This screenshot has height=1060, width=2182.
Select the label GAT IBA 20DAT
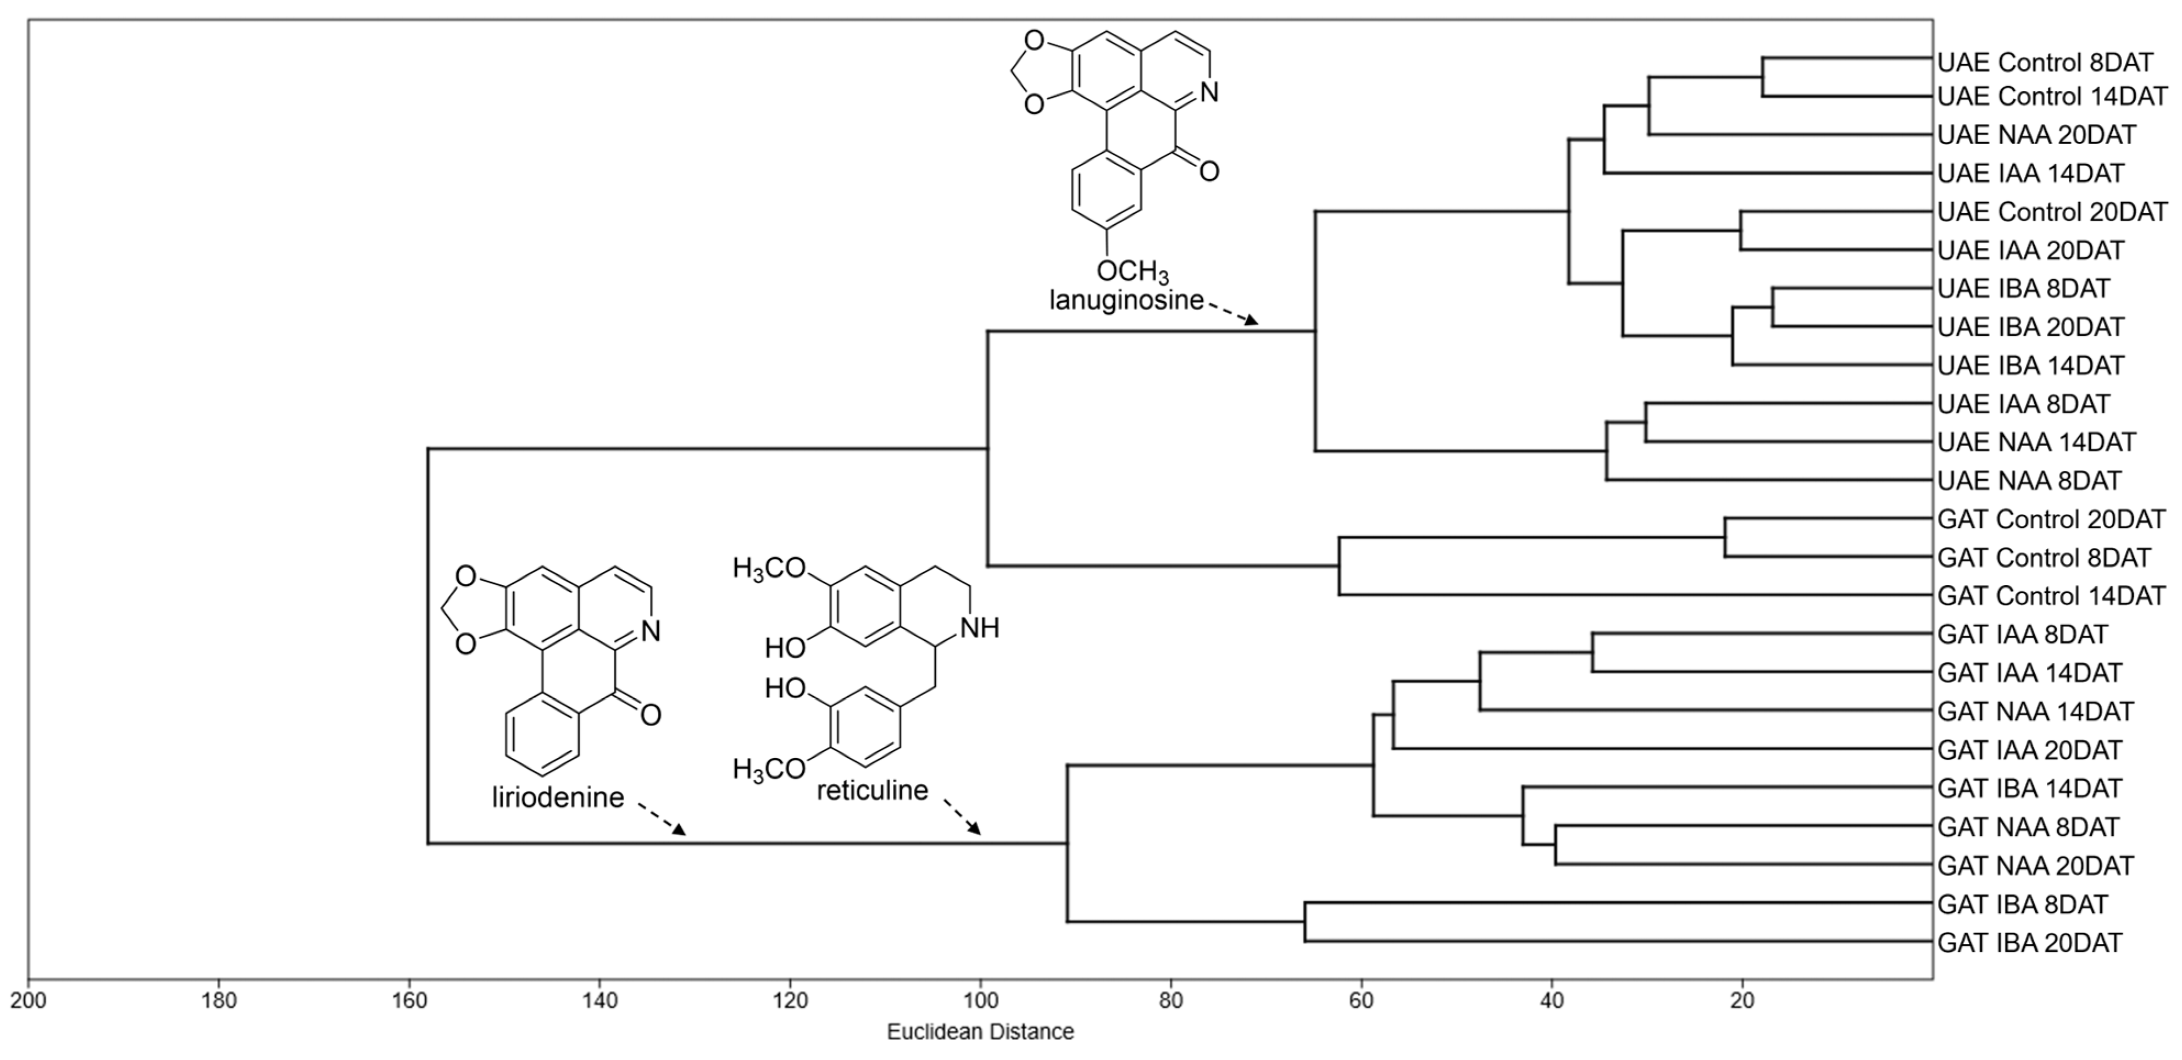[2030, 942]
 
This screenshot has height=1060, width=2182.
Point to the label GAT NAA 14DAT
[2035, 711]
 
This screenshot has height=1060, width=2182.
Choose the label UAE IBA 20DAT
[2030, 326]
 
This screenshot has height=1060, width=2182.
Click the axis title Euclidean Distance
[980, 1032]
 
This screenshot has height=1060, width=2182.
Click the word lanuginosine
[1126, 300]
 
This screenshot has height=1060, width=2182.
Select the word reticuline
[873, 791]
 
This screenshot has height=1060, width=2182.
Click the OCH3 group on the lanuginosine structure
[1132, 271]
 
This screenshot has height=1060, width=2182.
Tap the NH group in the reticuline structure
[980, 628]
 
